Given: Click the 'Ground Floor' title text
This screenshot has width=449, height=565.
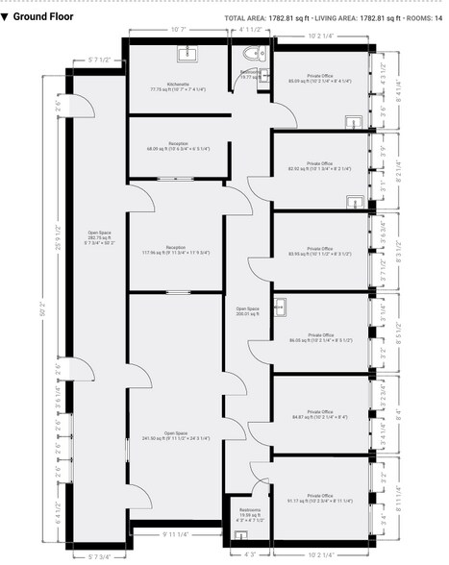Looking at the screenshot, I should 43,16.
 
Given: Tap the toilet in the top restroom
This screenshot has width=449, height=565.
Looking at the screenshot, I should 254,56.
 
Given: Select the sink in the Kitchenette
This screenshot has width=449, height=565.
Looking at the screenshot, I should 187,53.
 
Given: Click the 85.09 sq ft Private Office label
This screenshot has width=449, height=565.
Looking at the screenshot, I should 320,80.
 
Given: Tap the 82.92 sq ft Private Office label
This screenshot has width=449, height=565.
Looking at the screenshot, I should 320,167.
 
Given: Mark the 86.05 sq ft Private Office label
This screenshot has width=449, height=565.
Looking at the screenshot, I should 320,336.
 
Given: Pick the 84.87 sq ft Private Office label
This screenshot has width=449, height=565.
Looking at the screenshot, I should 320,416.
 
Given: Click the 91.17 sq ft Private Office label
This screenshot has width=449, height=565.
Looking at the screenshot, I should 320,499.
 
